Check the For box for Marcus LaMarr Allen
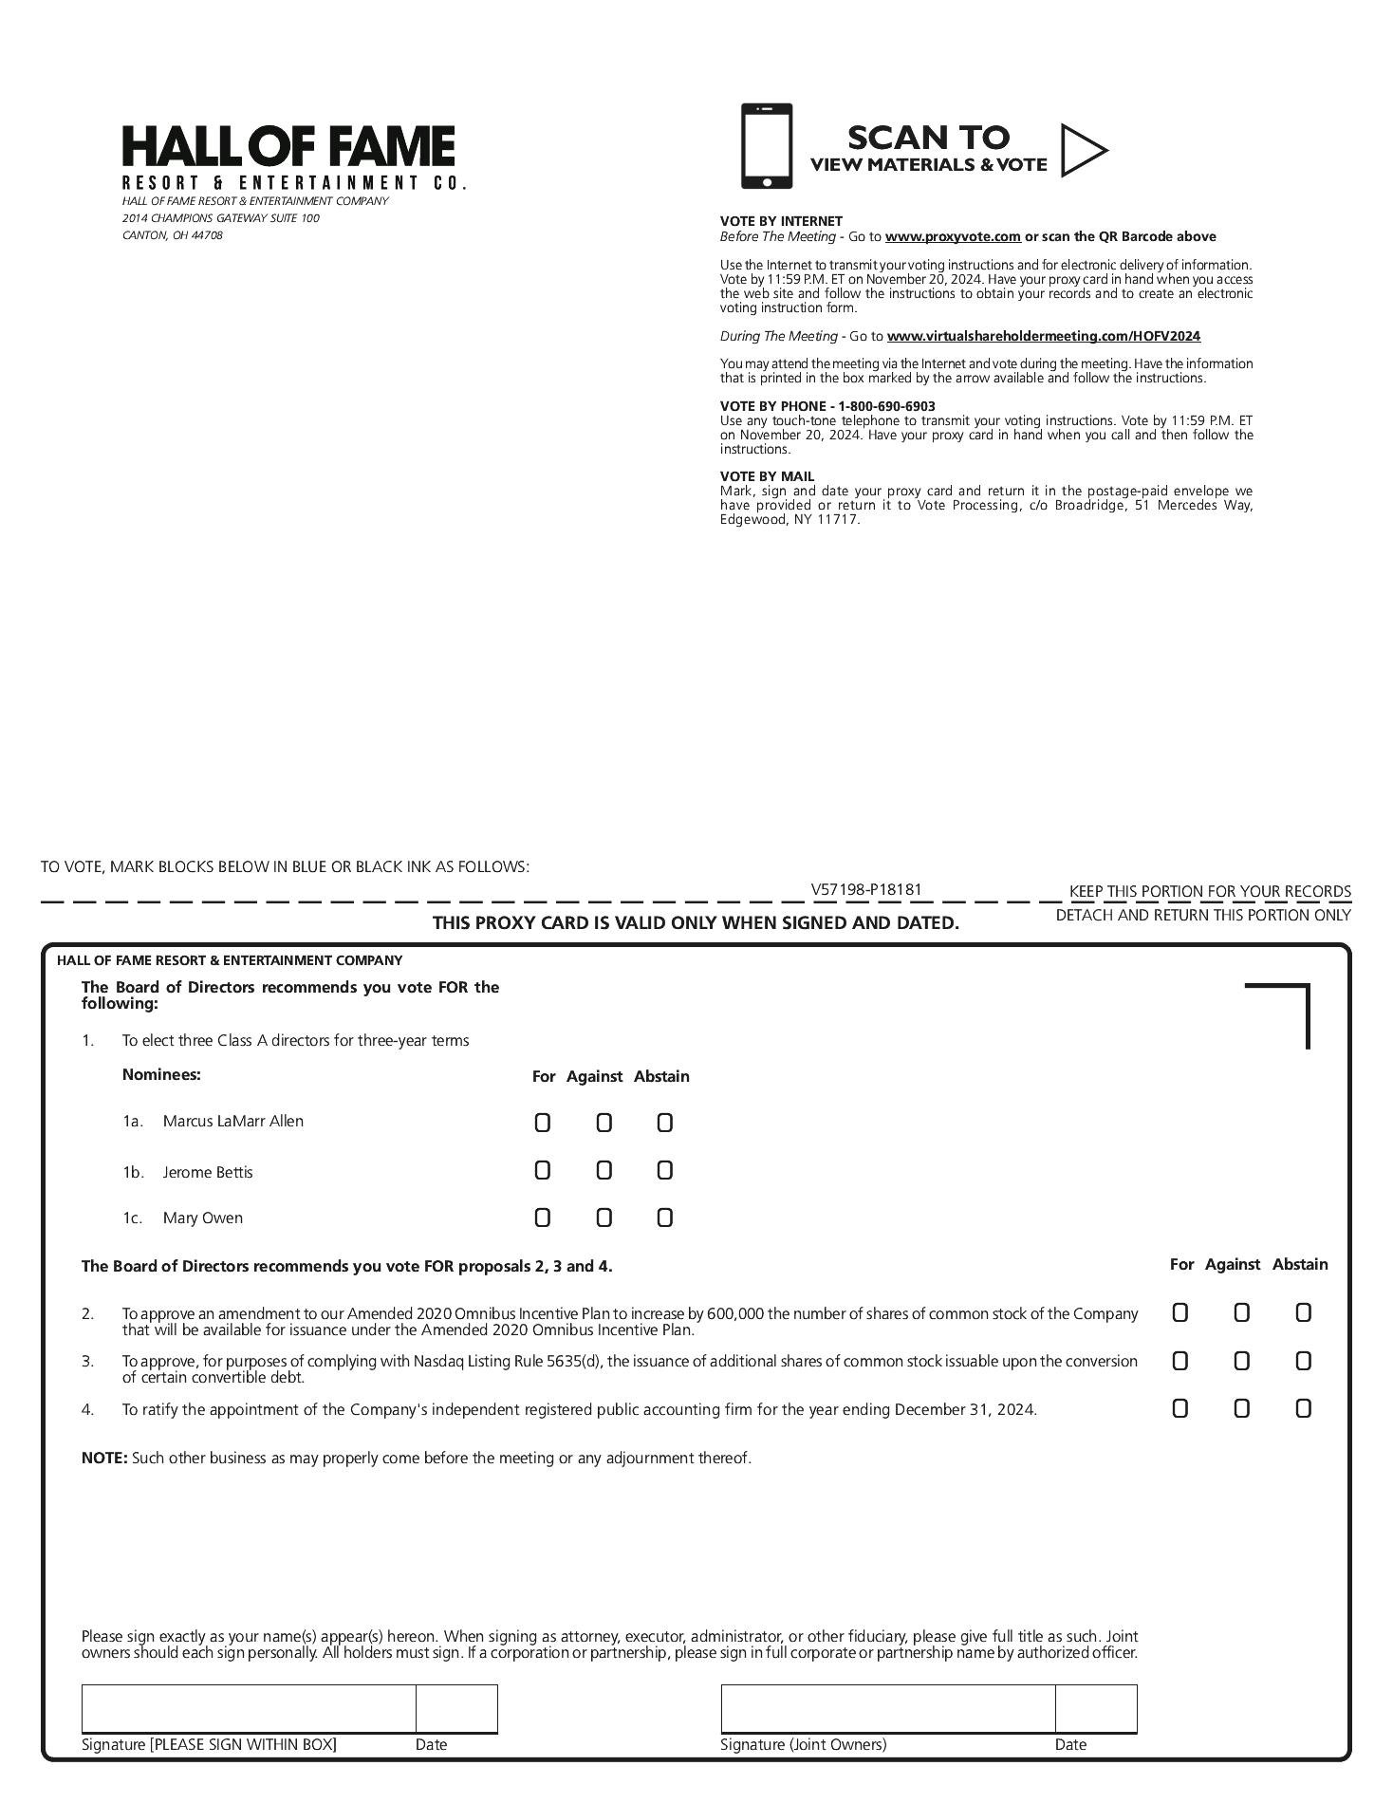tap(542, 1124)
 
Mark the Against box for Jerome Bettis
tap(604, 1171)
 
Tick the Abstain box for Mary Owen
tap(664, 1217)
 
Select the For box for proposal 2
tap(1179, 1313)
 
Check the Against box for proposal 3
tap(1241, 1362)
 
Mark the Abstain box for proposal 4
tap(1303, 1409)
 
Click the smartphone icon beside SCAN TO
tap(766, 146)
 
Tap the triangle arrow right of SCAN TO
tap(1083, 150)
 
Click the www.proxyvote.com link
tap(953, 237)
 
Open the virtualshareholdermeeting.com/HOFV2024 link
tap(1043, 337)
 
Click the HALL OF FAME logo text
tap(288, 147)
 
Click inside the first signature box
tap(249, 1709)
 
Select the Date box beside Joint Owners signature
tap(1095, 1709)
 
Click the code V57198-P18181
tap(866, 890)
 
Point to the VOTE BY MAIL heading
tap(767, 476)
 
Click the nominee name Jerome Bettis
tap(208, 1173)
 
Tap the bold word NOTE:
tap(104, 1458)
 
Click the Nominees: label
tap(161, 1075)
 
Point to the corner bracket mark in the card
tap(1291, 1002)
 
